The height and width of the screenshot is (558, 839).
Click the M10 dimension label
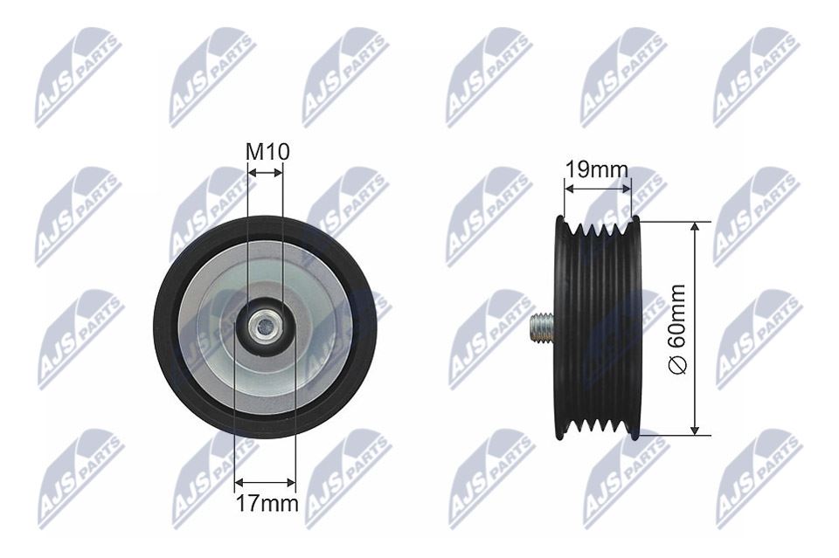click(x=267, y=152)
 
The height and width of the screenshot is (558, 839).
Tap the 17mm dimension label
click(x=267, y=503)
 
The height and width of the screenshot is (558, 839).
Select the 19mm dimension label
click(x=597, y=170)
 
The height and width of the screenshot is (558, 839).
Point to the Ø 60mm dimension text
click(x=678, y=330)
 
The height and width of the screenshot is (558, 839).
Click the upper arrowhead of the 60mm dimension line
click(x=695, y=227)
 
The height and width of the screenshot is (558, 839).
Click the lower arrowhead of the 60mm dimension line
click(x=695, y=429)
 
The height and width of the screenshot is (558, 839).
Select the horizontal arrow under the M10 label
click(x=266, y=173)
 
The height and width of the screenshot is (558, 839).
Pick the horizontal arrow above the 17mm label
click(x=265, y=483)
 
